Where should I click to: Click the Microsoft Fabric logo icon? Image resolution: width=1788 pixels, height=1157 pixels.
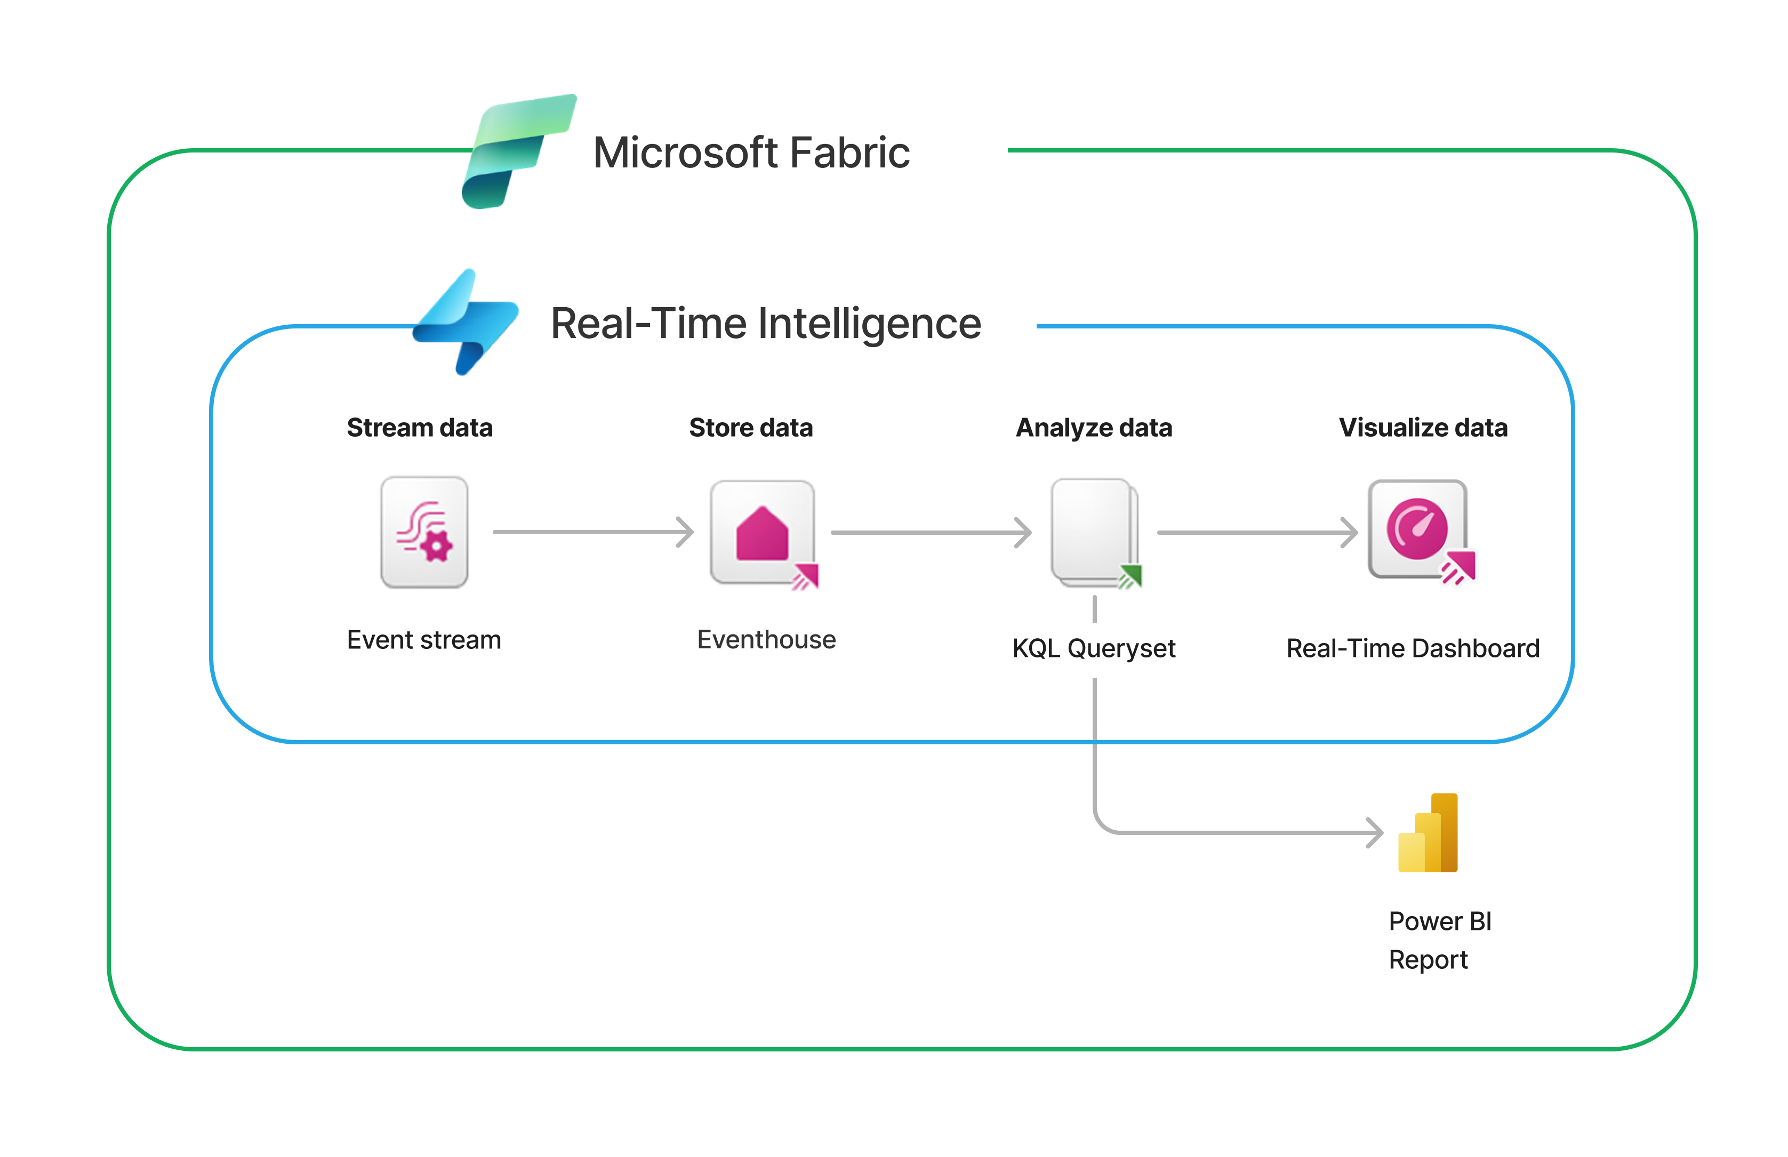click(x=518, y=151)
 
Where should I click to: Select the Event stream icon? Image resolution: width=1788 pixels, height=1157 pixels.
click(x=424, y=532)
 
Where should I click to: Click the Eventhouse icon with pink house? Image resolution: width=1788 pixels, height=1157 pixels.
click(x=763, y=533)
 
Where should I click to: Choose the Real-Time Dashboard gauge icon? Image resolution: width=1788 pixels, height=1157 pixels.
click(x=1417, y=529)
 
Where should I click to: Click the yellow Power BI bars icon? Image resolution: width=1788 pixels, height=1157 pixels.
click(x=1428, y=833)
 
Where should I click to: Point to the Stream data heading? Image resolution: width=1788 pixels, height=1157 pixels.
click(x=419, y=428)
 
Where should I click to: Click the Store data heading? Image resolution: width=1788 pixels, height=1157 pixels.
click(x=750, y=428)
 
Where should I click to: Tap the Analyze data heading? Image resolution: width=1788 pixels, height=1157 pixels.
click(x=1094, y=428)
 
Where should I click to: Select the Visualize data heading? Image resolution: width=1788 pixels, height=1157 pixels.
click(x=1423, y=428)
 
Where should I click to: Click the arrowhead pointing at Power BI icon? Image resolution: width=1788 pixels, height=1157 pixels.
click(x=1375, y=832)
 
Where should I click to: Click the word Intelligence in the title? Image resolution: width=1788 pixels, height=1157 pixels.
click(x=869, y=324)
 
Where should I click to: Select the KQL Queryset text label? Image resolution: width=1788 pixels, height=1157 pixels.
click(x=1094, y=648)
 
